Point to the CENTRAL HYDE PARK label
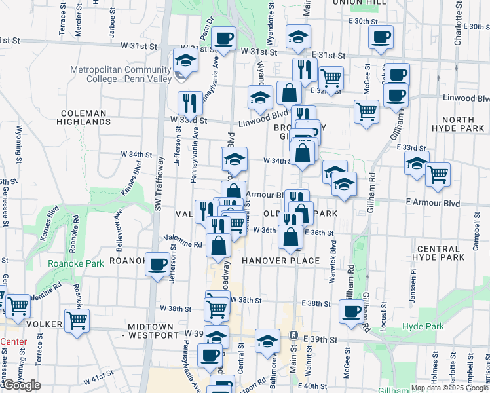click(x=449, y=253)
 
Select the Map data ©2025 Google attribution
click(x=449, y=388)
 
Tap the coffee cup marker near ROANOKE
click(x=157, y=265)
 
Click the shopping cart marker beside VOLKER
click(x=77, y=321)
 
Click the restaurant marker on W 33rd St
click(x=190, y=102)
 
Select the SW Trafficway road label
click(x=157, y=184)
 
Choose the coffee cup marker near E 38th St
click(x=352, y=310)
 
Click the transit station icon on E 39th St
click(x=293, y=335)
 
